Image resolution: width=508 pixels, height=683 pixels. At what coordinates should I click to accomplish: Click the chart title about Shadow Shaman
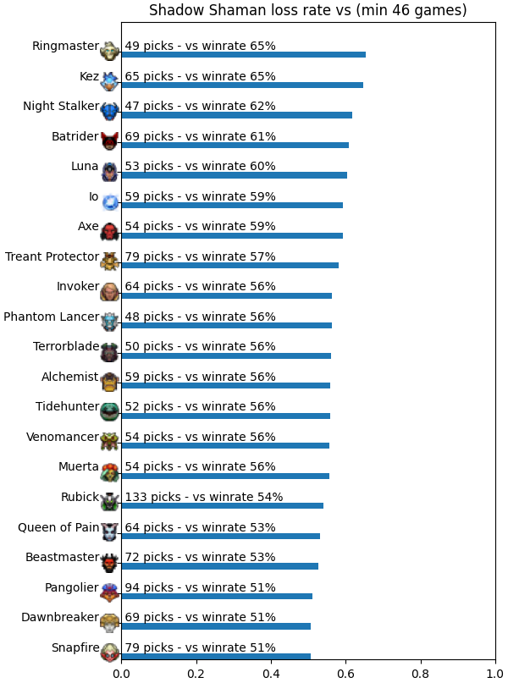pyautogui.click(x=307, y=9)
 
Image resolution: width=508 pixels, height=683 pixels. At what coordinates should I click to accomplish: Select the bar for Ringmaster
pyautogui.click(x=244, y=54)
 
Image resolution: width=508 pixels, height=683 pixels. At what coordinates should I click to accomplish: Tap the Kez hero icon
pyautogui.click(x=109, y=81)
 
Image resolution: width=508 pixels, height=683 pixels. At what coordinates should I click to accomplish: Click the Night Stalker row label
pyautogui.click(x=61, y=106)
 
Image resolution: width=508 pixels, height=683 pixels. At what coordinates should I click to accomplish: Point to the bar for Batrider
pyautogui.click(x=235, y=145)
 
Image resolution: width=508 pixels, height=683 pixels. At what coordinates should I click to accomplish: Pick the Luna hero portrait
pyautogui.click(x=109, y=172)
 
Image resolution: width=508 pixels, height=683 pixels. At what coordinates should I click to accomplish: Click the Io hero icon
pyautogui.click(x=109, y=201)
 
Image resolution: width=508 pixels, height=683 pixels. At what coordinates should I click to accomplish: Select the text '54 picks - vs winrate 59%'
pyautogui.click(x=200, y=226)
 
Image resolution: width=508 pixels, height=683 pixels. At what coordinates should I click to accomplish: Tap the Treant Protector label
pyautogui.click(x=52, y=256)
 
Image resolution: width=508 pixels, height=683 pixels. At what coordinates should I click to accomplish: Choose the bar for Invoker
pyautogui.click(x=227, y=295)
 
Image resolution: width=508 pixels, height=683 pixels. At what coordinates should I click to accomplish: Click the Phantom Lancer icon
pyautogui.click(x=109, y=322)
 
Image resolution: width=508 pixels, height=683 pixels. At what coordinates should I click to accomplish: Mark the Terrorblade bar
pyautogui.click(x=226, y=355)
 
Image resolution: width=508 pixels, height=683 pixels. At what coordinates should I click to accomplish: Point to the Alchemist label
pyautogui.click(x=70, y=377)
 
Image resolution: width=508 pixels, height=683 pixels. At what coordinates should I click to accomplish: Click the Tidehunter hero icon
pyautogui.click(x=109, y=412)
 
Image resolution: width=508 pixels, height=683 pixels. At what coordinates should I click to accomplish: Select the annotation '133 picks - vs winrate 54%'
pyautogui.click(x=204, y=497)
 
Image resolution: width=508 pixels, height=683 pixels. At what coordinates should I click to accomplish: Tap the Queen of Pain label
pyautogui.click(x=58, y=527)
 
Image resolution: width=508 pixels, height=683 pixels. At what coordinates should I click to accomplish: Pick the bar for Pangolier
pyautogui.click(x=217, y=597)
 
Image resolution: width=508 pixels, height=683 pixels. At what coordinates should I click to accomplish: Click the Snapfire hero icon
pyautogui.click(x=109, y=653)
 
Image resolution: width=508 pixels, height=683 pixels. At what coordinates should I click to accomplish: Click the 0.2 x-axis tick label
pyautogui.click(x=196, y=675)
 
